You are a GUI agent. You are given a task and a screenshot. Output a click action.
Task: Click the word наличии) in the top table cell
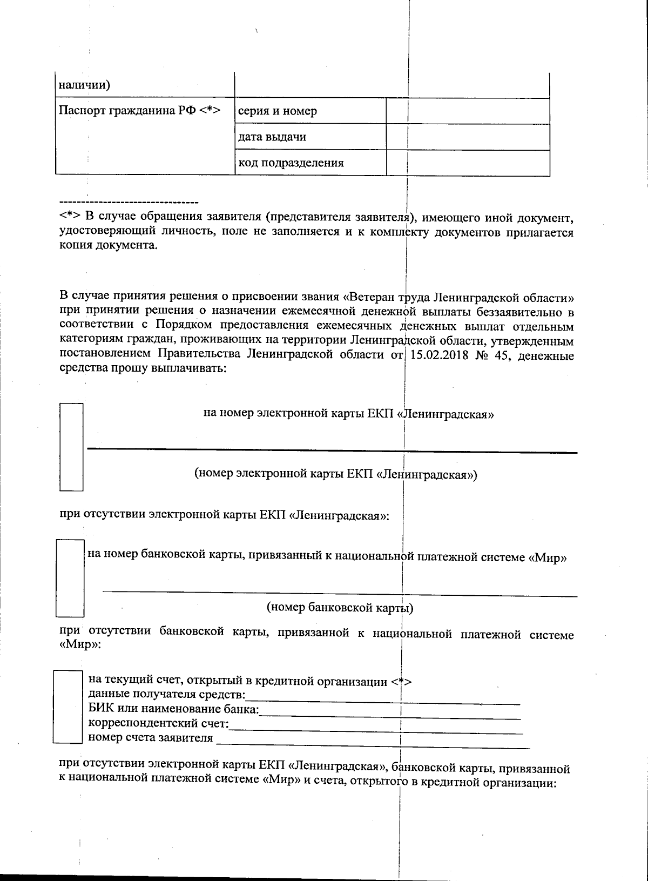[x=84, y=85]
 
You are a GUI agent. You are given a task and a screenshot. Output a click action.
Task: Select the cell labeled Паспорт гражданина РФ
[x=139, y=111]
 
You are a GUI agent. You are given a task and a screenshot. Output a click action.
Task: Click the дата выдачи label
[x=272, y=137]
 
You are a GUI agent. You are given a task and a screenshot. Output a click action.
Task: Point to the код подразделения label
[x=291, y=163]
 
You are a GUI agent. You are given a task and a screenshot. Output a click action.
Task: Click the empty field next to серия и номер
[x=468, y=111]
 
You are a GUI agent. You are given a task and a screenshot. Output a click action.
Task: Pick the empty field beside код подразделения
[x=468, y=163]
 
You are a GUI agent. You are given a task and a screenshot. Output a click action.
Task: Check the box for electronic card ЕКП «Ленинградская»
[x=71, y=446]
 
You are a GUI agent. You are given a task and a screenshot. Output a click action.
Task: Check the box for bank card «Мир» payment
[x=70, y=578]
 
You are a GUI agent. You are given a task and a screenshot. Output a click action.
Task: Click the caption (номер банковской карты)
[x=340, y=608]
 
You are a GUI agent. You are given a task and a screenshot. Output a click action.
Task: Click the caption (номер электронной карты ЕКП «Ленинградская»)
[x=335, y=474]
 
